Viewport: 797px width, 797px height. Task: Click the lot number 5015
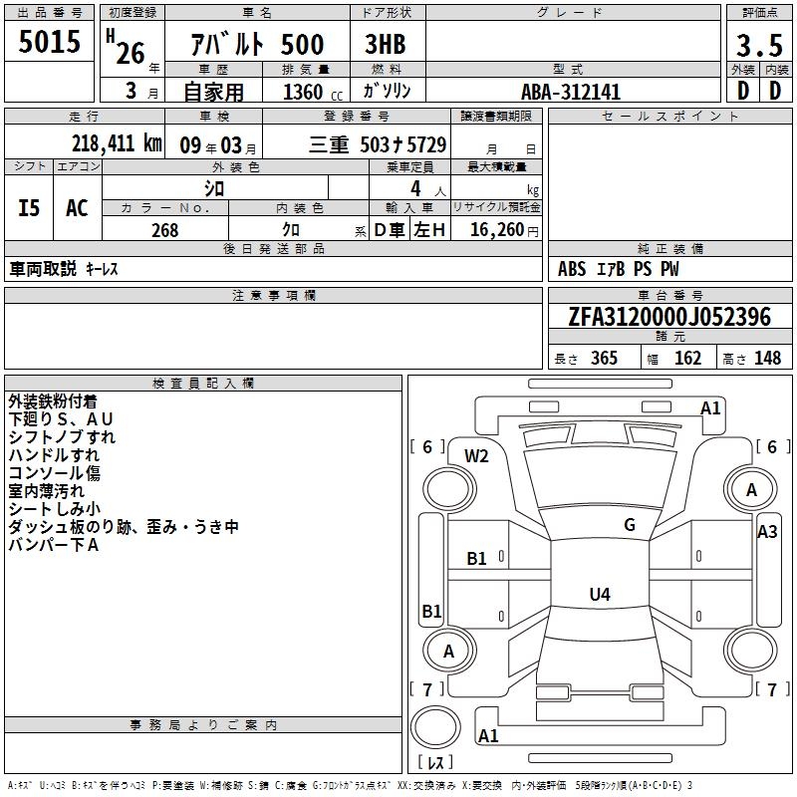click(49, 42)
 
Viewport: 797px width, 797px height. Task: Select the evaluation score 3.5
click(757, 45)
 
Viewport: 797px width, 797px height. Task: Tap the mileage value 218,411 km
click(117, 143)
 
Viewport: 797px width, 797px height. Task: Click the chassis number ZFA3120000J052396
click(669, 317)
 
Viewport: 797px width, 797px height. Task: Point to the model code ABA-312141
click(571, 92)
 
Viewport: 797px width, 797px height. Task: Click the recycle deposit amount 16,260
click(497, 230)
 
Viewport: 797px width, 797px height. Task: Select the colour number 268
click(165, 230)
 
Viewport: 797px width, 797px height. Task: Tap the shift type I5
click(30, 208)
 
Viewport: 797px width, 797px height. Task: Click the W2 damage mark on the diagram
click(477, 456)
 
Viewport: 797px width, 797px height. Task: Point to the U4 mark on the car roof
click(599, 595)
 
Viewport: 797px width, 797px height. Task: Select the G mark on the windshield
click(630, 525)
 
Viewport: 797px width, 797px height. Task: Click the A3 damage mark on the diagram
click(767, 532)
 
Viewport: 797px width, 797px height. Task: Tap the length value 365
click(603, 358)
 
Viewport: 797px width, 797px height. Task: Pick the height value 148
click(767, 358)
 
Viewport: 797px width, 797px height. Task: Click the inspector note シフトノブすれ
click(62, 436)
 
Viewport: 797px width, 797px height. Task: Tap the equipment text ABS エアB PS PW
click(612, 269)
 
